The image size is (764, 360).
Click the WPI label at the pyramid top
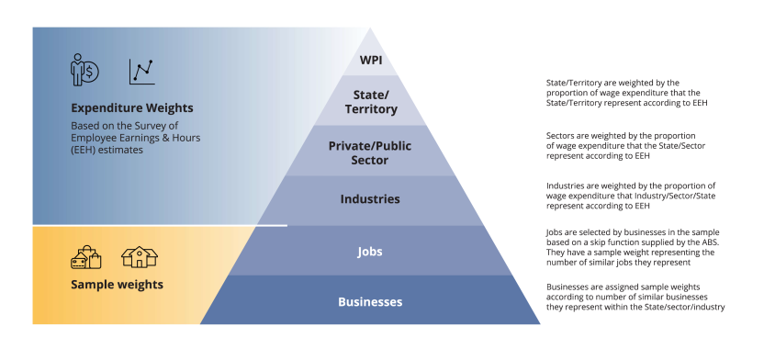pyautogui.click(x=370, y=62)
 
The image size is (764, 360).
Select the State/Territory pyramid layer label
pyautogui.click(x=370, y=102)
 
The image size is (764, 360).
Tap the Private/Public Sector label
pyautogui.click(x=371, y=152)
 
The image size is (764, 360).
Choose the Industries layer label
pyautogui.click(x=370, y=198)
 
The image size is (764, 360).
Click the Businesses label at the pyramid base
pyautogui.click(x=370, y=301)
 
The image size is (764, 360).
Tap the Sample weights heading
pyautogui.click(x=117, y=285)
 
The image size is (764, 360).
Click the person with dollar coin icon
pyautogui.click(x=85, y=70)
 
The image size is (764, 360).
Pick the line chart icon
pyautogui.click(x=141, y=71)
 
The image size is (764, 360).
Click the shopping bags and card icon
pyautogui.click(x=86, y=257)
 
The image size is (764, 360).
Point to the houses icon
pyautogui.click(x=140, y=257)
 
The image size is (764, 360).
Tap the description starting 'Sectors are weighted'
pyautogui.click(x=624, y=145)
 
